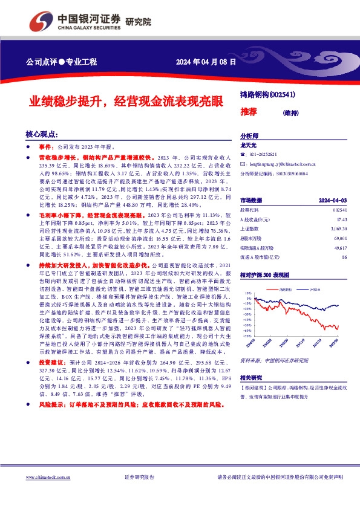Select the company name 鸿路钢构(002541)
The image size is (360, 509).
(268, 94)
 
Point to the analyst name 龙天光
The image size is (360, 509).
(249, 146)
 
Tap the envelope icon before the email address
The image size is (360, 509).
(243, 163)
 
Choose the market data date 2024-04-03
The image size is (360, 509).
(332, 200)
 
